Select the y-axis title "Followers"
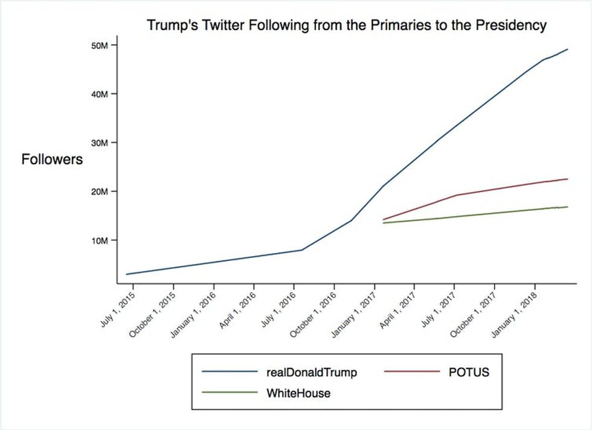tap(52, 160)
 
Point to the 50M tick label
tap(100, 45)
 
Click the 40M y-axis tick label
tap(100, 94)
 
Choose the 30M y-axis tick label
tap(100, 143)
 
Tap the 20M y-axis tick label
tap(100, 191)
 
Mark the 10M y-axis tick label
tap(100, 240)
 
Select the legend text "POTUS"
tap(469, 373)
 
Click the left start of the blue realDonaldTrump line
tap(126, 274)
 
